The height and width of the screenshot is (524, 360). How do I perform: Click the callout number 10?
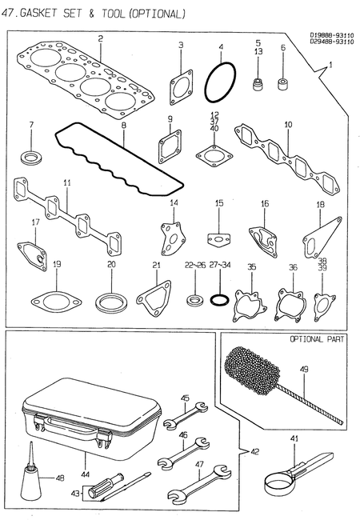287,125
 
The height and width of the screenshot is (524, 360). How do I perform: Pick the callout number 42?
255,451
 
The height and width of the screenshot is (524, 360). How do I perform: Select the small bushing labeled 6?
283,82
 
